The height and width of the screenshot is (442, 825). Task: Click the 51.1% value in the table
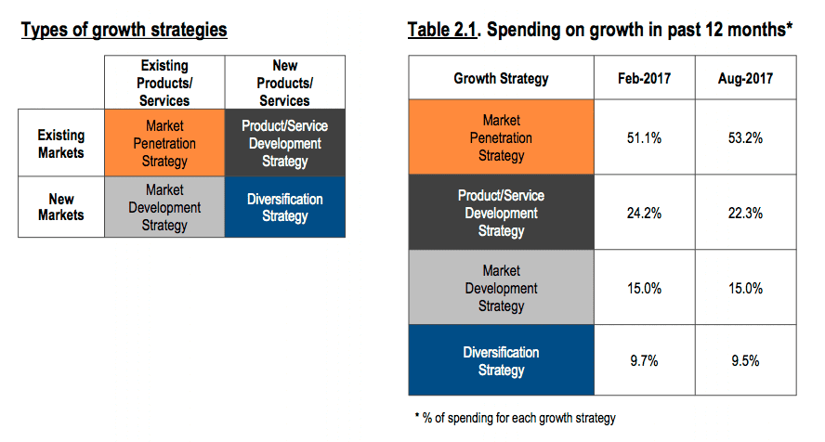tap(645, 137)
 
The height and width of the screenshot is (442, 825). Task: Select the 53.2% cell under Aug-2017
tap(745, 137)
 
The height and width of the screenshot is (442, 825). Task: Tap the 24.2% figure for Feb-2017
tap(645, 213)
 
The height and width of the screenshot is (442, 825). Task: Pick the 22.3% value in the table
tap(745, 213)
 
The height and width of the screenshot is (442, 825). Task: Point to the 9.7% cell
tap(645, 361)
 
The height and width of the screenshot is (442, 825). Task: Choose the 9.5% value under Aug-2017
tap(745, 361)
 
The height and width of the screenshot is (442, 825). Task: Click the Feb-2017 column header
tap(645, 79)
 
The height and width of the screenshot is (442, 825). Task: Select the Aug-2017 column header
tap(745, 79)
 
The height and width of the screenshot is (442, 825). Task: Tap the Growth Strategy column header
tap(501, 79)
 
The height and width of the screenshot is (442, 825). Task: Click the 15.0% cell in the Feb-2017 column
tap(645, 288)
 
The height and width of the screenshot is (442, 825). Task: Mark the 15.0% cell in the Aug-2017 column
tap(745, 288)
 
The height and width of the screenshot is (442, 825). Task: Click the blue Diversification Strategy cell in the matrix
tap(284, 207)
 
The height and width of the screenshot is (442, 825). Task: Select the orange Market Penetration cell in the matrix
tap(165, 143)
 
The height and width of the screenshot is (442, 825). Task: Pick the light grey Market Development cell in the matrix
tap(165, 207)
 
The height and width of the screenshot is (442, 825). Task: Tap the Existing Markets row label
tap(61, 144)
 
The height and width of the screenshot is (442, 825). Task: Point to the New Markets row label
tap(61, 207)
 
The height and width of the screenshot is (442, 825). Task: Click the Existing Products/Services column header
tap(164, 83)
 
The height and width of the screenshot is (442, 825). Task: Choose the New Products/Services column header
tap(284, 83)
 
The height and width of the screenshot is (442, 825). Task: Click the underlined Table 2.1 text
tap(442, 30)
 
